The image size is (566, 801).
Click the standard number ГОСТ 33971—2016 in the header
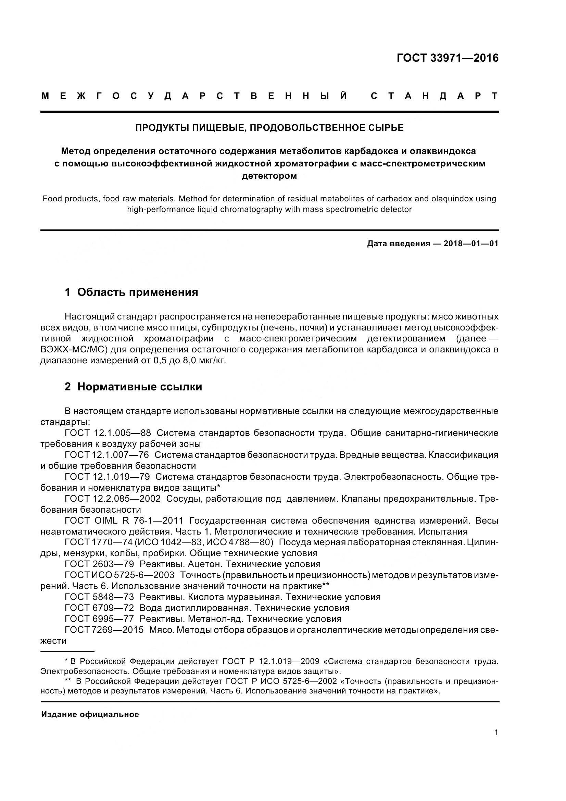click(448, 58)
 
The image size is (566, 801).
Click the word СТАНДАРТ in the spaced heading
click(435, 96)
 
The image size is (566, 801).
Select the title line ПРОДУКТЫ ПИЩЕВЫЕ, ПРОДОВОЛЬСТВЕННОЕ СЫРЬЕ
click(269, 128)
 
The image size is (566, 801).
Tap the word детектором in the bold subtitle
click(269, 176)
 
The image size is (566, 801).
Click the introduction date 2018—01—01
click(471, 243)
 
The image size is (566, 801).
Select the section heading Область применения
click(137, 292)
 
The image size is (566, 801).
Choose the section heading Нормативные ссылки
click(139, 387)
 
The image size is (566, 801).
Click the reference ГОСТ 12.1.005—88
click(108, 433)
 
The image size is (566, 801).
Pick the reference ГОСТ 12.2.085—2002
click(113, 499)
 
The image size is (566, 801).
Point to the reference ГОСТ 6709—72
click(99, 608)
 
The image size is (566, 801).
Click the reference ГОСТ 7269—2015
click(104, 630)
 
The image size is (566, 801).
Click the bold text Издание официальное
click(90, 714)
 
